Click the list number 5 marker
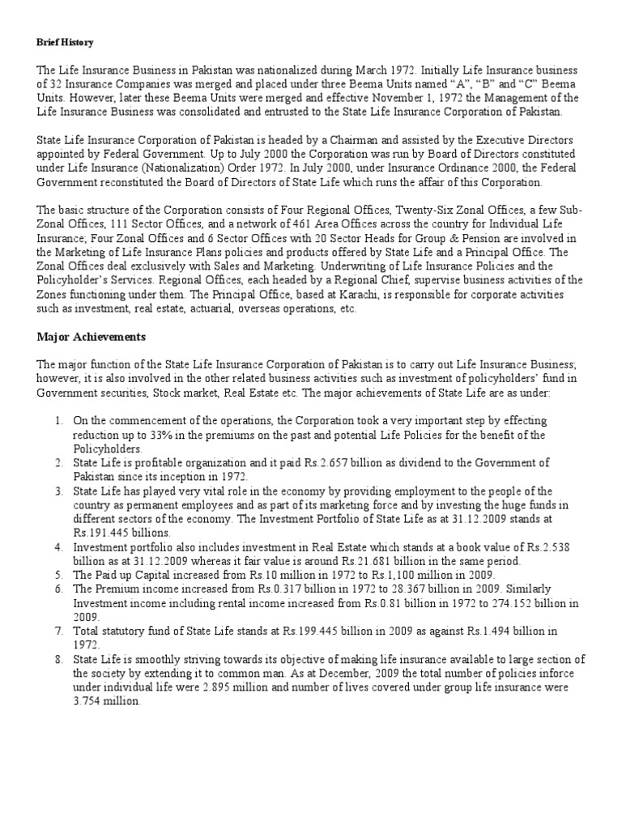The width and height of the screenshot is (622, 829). click(58, 576)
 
